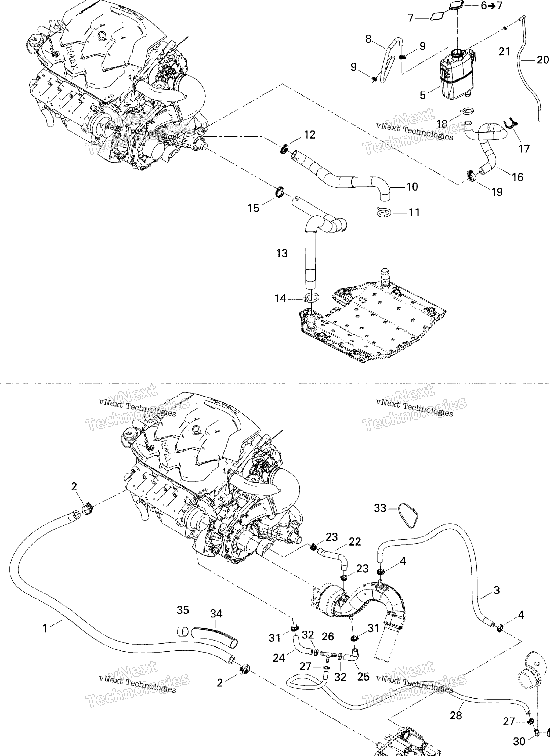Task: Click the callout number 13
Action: click(x=282, y=254)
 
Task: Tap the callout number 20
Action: click(x=543, y=60)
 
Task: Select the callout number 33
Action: click(x=380, y=508)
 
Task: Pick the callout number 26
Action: click(x=328, y=636)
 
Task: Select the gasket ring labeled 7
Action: click(x=437, y=16)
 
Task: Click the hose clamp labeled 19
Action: click(x=471, y=175)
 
